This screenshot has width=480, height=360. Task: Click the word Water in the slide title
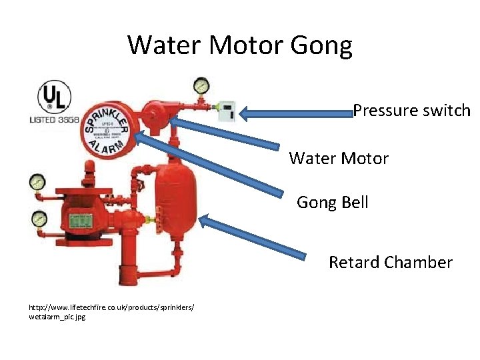click(x=165, y=45)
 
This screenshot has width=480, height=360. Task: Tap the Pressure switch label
click(x=411, y=111)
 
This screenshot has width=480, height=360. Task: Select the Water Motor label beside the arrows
click(x=339, y=159)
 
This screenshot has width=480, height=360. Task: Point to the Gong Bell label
click(x=332, y=202)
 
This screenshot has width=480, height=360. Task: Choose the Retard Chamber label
click(x=390, y=263)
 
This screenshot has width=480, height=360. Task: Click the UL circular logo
click(x=54, y=99)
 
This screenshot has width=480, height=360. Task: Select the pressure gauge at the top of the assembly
click(x=199, y=85)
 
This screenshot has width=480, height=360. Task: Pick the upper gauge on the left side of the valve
click(x=37, y=181)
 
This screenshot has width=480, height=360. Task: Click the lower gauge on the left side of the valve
click(x=39, y=218)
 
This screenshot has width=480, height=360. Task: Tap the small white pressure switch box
click(x=227, y=111)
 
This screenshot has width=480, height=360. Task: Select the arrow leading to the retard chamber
click(x=253, y=236)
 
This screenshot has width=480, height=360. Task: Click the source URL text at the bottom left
click(x=111, y=311)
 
